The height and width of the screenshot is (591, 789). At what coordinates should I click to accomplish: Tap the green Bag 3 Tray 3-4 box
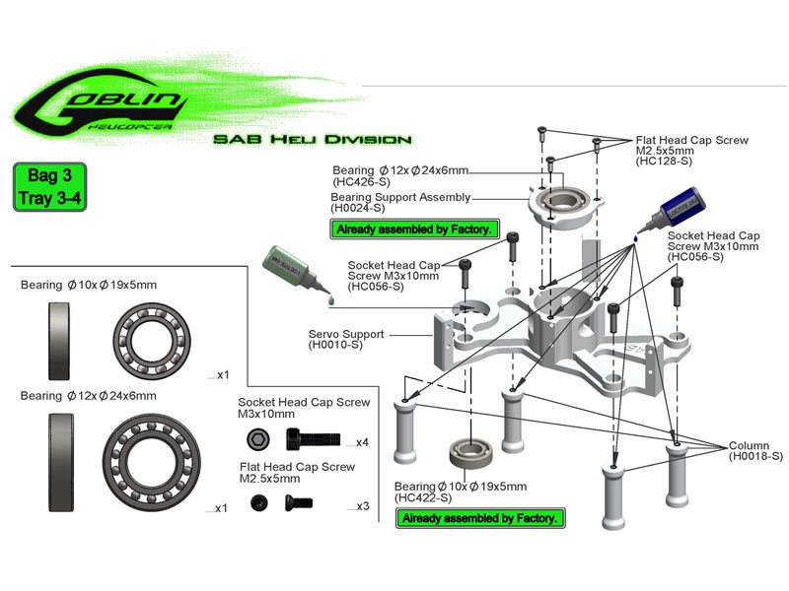point(56,187)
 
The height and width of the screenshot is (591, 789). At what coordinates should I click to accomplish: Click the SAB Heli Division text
point(312,140)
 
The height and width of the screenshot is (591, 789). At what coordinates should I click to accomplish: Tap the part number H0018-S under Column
point(755,457)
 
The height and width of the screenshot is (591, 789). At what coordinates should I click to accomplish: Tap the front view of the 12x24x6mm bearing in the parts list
point(152,459)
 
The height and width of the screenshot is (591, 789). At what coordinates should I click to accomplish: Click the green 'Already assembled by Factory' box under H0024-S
point(412,230)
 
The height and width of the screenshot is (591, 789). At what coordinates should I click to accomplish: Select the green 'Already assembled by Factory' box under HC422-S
point(480,518)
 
